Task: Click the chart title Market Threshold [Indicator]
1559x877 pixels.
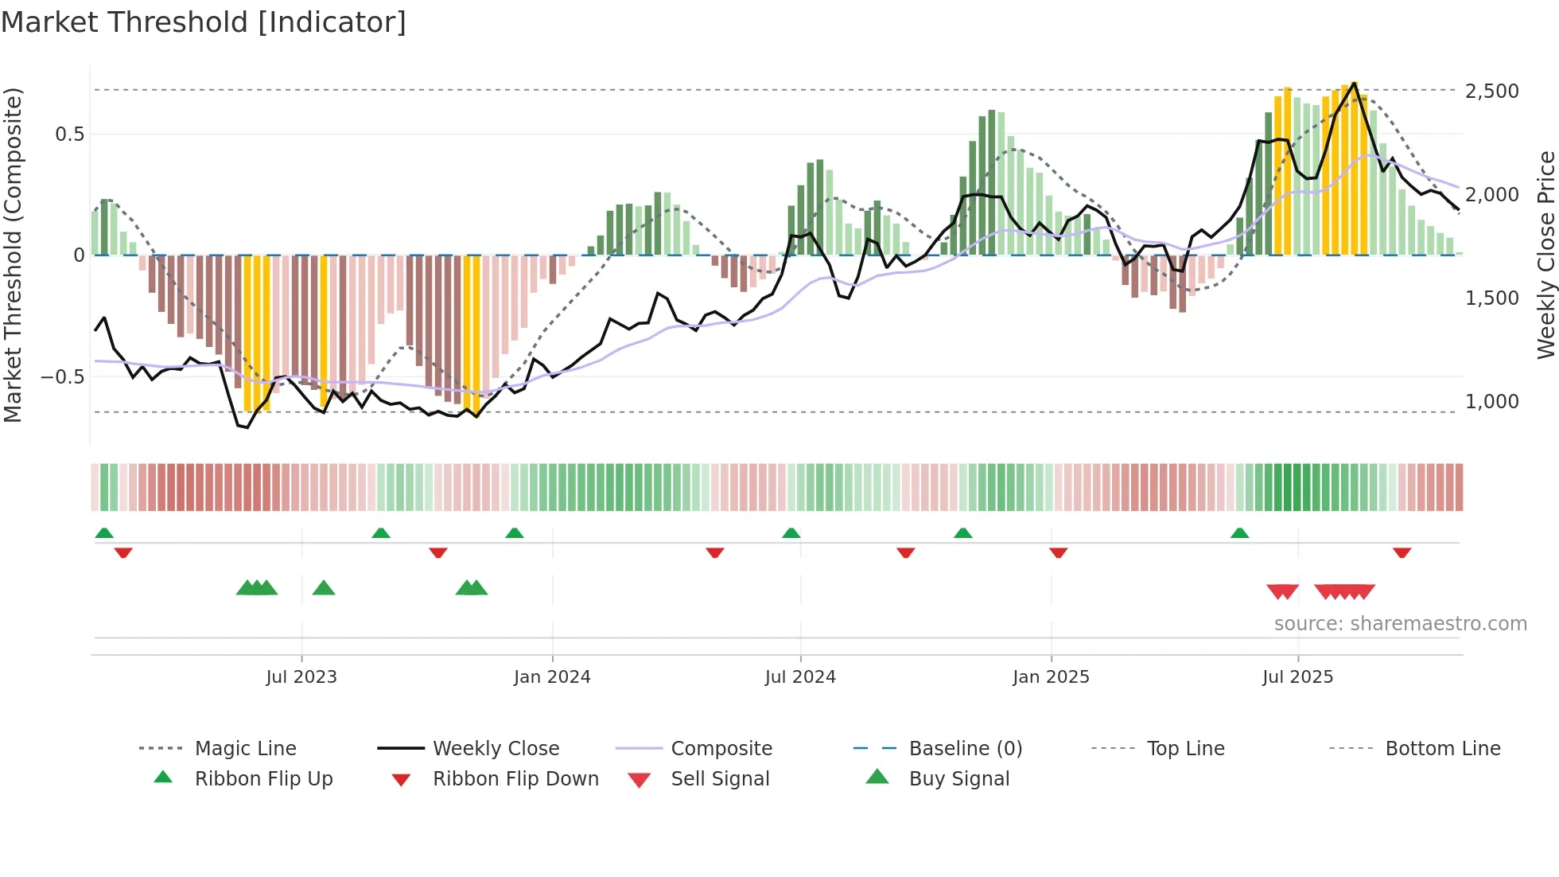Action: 204,22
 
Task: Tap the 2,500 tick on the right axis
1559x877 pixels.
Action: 1492,91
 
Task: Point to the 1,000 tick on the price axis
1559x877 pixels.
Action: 1492,402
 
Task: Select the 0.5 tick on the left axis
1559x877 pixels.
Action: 70,134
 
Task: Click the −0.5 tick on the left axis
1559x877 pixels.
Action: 63,377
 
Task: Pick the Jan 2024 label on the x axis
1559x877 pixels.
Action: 552,677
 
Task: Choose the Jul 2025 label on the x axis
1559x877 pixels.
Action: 1297,677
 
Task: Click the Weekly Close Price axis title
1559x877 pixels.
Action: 1545,255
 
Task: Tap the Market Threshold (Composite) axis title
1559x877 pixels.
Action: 13,255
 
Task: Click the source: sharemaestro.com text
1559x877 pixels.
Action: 1400,624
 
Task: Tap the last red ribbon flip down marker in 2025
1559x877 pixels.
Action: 1402,552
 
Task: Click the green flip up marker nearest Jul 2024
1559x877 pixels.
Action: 791,533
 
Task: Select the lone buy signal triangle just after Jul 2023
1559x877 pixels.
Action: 324,588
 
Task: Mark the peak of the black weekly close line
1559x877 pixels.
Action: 1354,83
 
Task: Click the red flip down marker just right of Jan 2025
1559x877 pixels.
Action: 1058,552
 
